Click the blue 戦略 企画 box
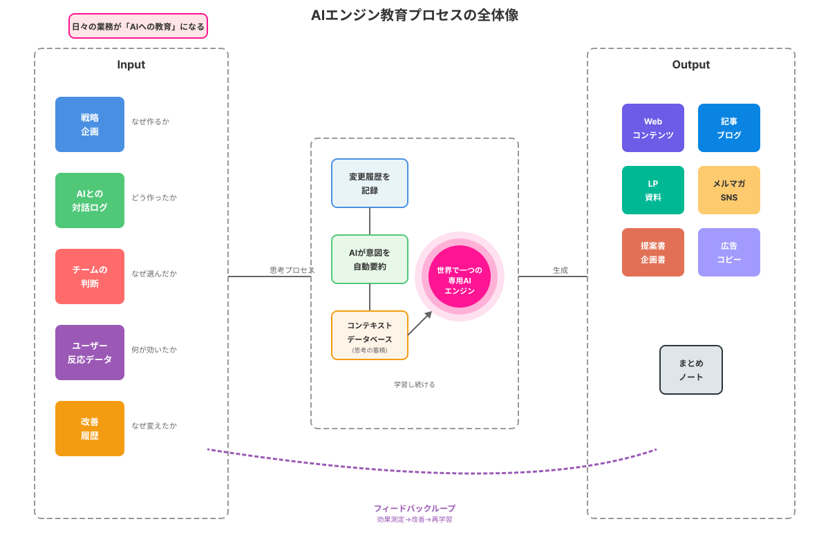pos(90,124)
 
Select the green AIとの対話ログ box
pos(90,200)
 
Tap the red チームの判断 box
pos(90,276)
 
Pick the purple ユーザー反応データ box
pos(90,353)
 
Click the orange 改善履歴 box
pos(90,429)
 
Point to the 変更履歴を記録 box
pos(370,183)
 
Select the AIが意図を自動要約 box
pos(370,259)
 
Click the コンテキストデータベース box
pos(370,335)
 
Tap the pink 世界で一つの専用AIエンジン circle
pos(460,276)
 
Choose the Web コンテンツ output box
pos(653,128)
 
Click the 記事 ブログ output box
pos(729,128)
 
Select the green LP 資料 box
pos(653,190)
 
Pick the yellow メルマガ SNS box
pos(729,190)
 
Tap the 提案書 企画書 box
pos(653,252)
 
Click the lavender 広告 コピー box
pos(729,252)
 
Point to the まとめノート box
pos(691,370)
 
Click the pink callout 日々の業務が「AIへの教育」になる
pos(138,26)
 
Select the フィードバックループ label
pos(415,509)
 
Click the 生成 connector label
pos(561,270)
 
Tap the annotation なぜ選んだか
pos(154,274)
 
